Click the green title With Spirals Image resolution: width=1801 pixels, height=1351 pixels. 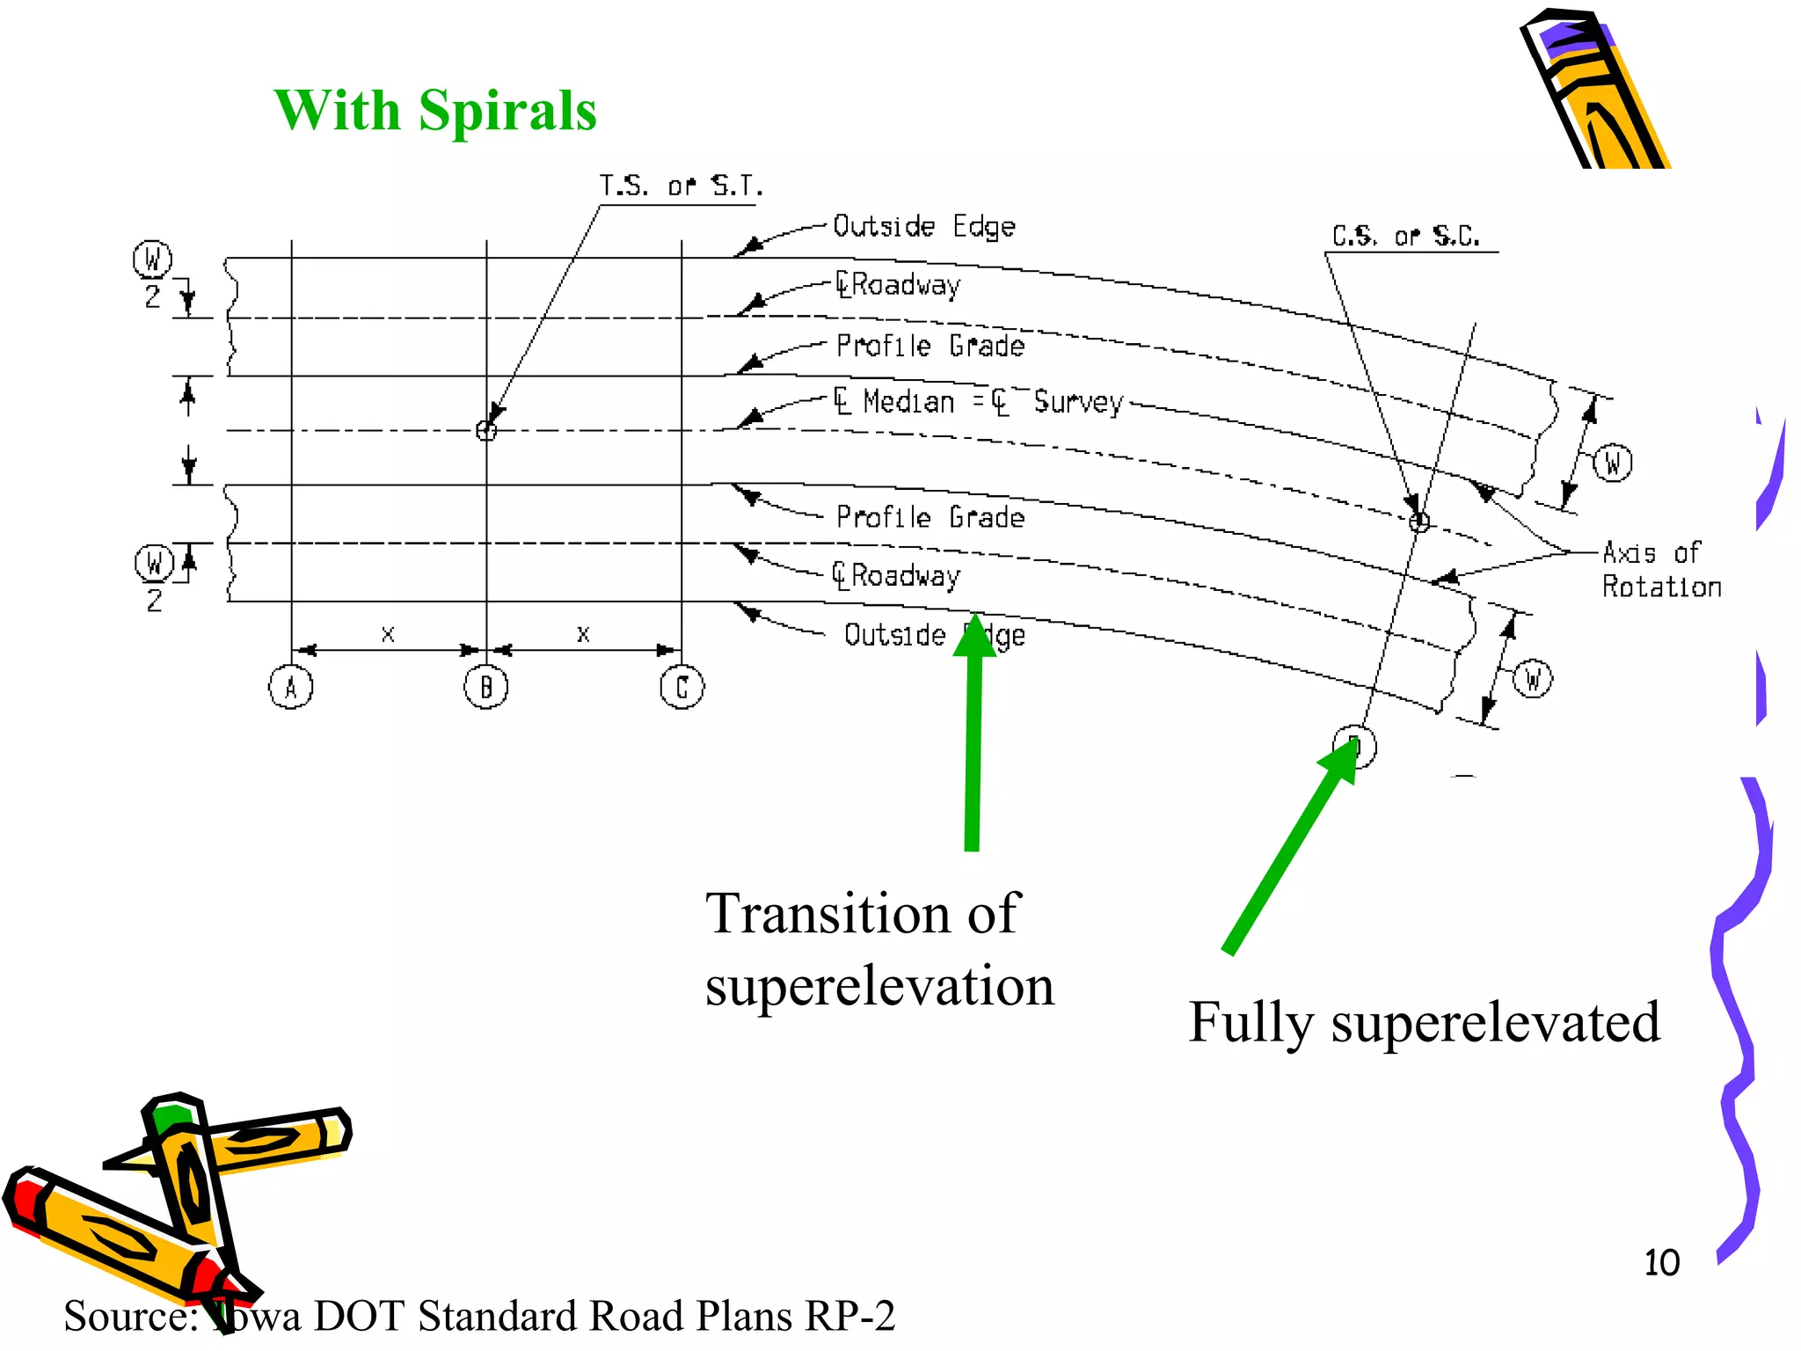(435, 111)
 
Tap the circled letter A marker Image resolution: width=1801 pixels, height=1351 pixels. (291, 688)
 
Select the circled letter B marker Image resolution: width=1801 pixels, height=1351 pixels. (486, 688)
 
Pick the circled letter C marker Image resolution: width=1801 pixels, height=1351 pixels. (682, 688)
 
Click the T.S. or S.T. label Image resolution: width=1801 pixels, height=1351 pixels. (681, 186)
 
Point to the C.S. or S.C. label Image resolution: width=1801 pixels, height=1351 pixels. (1405, 236)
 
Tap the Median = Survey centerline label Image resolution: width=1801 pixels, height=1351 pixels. (978, 402)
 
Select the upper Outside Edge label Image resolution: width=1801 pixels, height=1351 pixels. (923, 227)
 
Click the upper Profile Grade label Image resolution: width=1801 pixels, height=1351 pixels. (930, 346)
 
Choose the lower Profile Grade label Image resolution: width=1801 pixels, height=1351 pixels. (930, 516)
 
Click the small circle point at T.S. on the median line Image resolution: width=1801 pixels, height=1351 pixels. (486, 430)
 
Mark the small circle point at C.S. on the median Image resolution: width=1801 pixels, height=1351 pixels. (1419, 522)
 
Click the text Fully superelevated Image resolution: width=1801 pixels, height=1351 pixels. (1424, 1022)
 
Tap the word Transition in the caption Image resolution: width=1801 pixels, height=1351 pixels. (828, 913)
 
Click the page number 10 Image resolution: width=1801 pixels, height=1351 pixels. (1661, 1263)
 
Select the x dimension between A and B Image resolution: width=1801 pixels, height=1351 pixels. (388, 634)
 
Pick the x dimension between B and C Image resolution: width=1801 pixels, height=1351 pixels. (583, 634)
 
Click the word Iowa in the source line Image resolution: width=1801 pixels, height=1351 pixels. (258, 1317)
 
